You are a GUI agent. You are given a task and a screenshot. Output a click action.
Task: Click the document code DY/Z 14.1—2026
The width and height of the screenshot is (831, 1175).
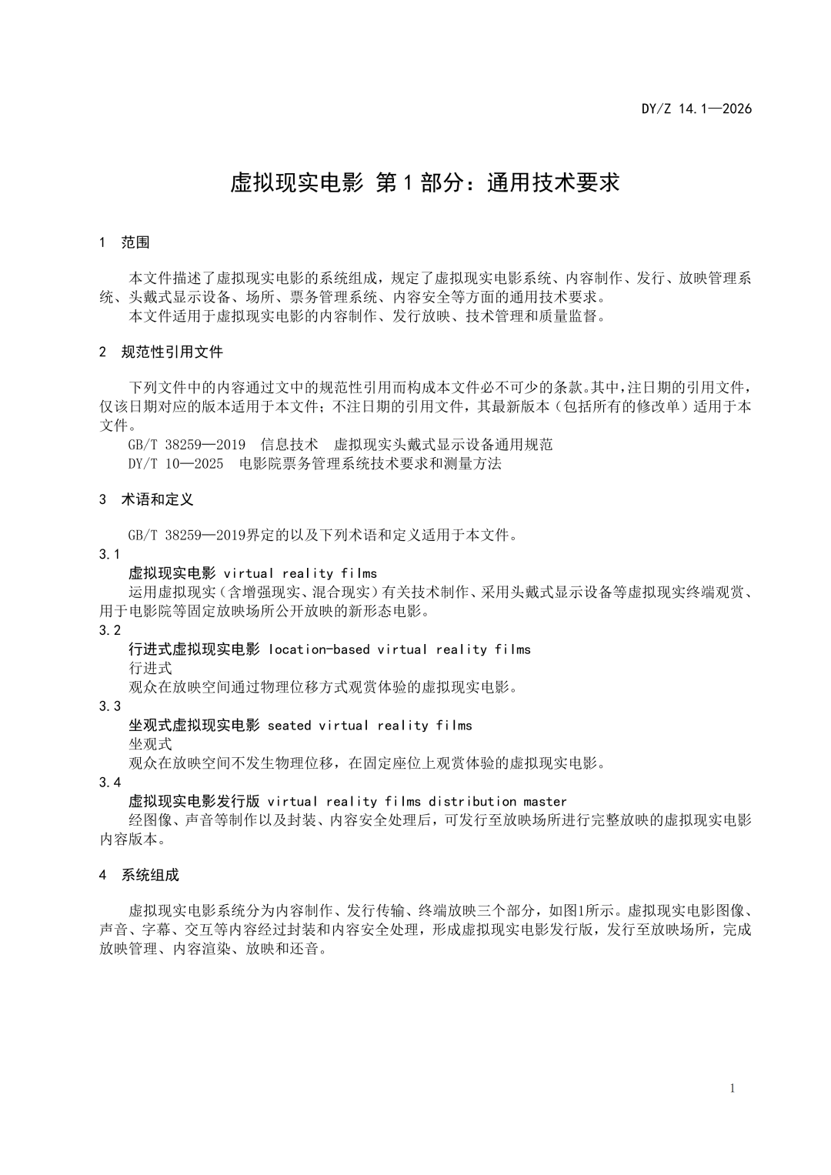tap(696, 108)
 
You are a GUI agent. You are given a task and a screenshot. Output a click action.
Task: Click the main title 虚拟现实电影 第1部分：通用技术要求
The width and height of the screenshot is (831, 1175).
tap(425, 182)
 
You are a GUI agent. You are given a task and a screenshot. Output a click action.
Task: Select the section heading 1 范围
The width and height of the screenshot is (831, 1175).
tap(125, 242)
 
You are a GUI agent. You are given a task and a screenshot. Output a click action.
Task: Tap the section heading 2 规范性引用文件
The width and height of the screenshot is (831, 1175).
tap(161, 352)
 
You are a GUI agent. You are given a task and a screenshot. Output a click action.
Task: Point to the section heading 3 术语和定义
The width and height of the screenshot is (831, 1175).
tap(146, 499)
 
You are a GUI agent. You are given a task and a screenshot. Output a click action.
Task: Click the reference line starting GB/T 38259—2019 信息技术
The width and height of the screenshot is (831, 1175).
tap(340, 445)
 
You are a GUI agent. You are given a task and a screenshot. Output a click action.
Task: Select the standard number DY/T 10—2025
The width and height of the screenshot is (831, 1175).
tap(176, 463)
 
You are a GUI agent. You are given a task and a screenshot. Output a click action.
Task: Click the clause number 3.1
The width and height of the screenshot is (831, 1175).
tap(110, 555)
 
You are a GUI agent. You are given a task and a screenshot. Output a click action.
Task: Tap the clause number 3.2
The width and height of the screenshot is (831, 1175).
tap(110, 630)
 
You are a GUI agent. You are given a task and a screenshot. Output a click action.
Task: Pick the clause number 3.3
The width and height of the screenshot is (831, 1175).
tap(110, 706)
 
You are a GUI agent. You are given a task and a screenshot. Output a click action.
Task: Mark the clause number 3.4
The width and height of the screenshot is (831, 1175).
tap(110, 783)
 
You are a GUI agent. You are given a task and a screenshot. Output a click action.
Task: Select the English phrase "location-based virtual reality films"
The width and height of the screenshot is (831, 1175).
tap(399, 649)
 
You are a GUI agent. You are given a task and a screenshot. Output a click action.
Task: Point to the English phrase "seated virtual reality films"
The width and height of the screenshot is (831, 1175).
tap(369, 726)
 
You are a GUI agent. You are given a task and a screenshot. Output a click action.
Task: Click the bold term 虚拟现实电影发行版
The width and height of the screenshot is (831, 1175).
tap(194, 802)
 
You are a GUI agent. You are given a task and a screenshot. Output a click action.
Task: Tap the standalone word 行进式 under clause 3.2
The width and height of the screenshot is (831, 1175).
tap(150, 668)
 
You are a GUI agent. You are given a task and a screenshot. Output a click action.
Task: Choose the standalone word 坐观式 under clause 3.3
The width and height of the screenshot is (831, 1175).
tap(150, 744)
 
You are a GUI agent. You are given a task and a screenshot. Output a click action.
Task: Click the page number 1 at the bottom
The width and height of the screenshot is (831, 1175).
tap(733, 1088)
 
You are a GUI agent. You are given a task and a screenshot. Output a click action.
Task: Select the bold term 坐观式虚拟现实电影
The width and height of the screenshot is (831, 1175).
tap(194, 726)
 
